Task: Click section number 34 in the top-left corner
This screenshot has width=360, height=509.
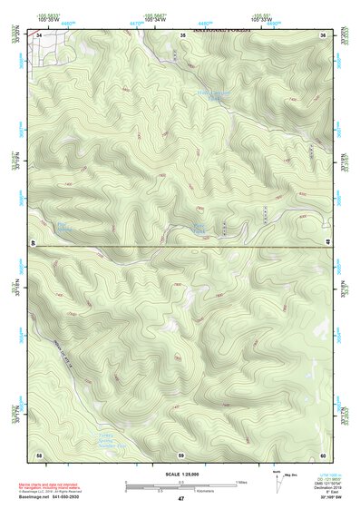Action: pos(40,34)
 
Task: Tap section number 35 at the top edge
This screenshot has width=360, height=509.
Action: pos(182,34)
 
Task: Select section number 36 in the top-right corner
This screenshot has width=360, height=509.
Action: pos(323,34)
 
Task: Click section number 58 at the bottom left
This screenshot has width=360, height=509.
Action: pos(39,454)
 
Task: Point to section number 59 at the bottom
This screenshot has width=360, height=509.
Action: pos(181,454)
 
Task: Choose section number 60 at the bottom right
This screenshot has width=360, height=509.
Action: pos(323,454)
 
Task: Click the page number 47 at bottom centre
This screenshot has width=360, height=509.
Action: pos(180,499)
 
